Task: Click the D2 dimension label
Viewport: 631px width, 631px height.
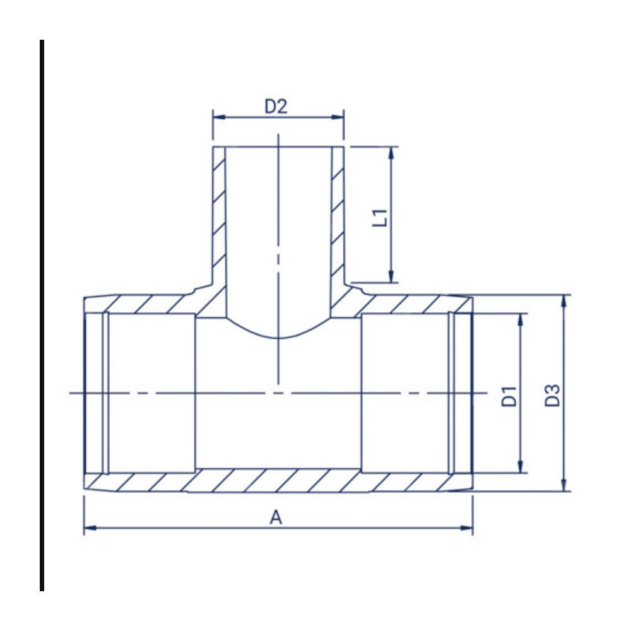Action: coord(276,106)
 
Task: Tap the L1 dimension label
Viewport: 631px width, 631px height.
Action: coord(380,218)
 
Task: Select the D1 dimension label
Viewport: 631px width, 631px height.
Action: coord(509,396)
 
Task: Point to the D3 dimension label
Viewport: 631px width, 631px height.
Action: coord(552,396)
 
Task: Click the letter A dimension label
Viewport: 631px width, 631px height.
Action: coord(276,517)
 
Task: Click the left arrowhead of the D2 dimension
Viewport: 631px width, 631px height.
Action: coord(219,117)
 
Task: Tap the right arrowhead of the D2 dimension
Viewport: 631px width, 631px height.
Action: coord(338,117)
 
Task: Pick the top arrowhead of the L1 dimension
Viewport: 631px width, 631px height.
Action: coord(391,153)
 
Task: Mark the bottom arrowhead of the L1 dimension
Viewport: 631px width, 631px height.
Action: coord(391,276)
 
